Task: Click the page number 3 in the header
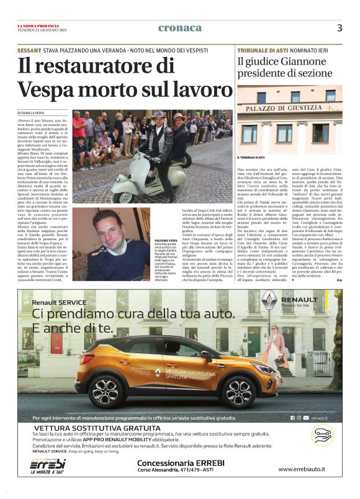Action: (x=340, y=28)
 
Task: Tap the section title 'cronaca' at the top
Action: (x=180, y=28)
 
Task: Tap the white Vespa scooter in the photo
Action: (x=137, y=180)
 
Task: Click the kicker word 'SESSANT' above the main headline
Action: (x=30, y=49)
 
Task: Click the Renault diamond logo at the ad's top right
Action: (x=269, y=301)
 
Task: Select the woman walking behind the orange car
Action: (x=274, y=344)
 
